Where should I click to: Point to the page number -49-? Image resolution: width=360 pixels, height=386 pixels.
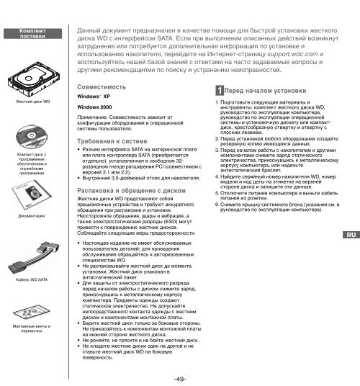tap(180, 378)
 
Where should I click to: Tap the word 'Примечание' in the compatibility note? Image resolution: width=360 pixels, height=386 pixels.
tap(92, 118)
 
